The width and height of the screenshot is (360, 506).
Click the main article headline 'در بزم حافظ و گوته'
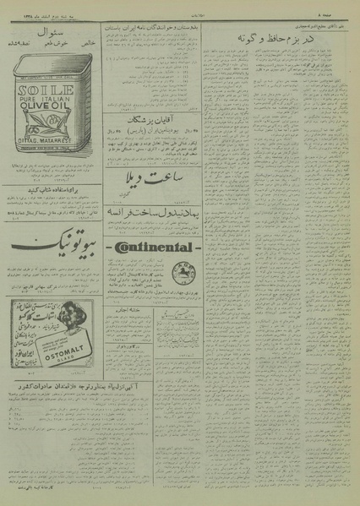pos(302,40)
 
